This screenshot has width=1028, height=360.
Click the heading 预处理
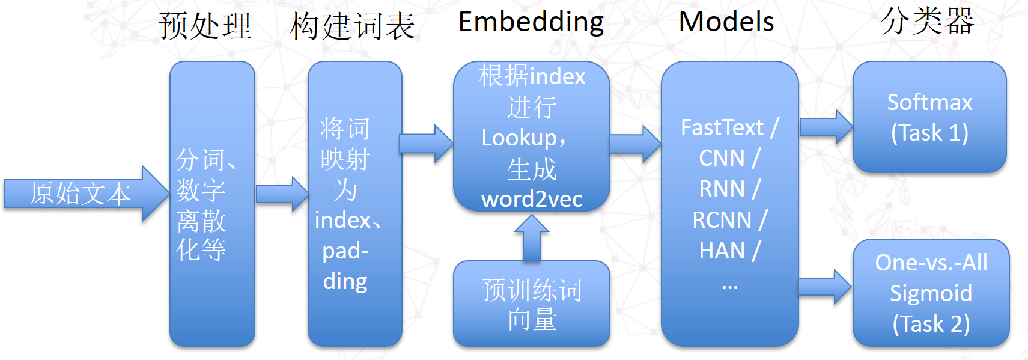(205, 26)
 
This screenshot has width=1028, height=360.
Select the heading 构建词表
(352, 26)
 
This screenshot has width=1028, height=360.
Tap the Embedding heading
(531, 22)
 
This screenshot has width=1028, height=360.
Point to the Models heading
(726, 22)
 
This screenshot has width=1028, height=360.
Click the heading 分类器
(927, 21)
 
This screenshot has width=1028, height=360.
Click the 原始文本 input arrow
(84, 194)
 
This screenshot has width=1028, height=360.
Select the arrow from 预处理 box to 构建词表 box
(282, 194)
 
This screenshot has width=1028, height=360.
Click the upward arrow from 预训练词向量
(532, 239)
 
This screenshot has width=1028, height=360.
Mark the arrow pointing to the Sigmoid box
(824, 287)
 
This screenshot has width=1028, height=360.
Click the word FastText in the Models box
(722, 127)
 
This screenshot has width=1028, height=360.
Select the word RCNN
(722, 220)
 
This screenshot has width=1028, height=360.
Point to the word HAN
(722, 250)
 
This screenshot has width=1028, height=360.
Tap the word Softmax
(929, 102)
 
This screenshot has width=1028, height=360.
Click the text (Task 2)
(931, 324)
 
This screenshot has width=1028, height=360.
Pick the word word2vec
(532, 199)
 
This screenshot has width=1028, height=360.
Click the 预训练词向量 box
(532, 304)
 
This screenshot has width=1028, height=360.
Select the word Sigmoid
(931, 293)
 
